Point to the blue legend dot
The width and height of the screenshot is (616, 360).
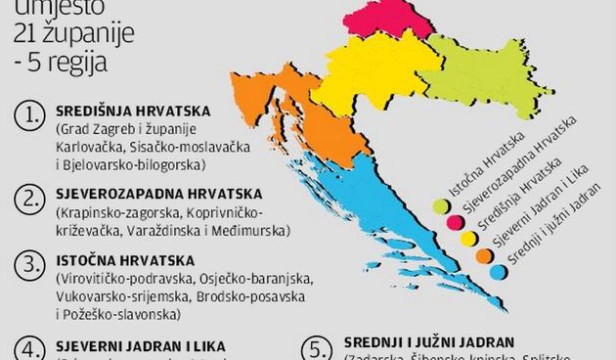pyautogui.click(x=499, y=271)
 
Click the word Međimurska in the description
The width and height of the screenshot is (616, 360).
pyautogui.click(x=255, y=231)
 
